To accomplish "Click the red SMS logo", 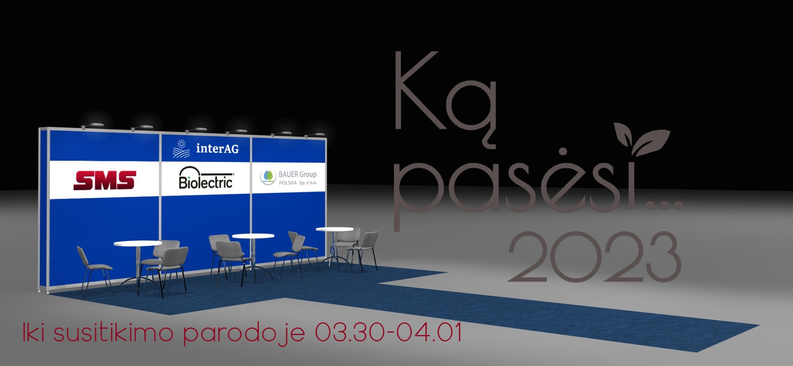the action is point(105,180).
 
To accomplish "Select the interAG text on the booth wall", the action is point(217,148).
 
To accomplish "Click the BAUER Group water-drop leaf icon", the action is point(268,177).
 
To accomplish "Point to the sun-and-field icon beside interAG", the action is point(181,149).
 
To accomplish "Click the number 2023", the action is point(594,257).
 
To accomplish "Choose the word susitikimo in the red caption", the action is point(114,333).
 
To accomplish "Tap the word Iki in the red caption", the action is point(33,332).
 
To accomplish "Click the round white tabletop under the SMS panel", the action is point(138,243).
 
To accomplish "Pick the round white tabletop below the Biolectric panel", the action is point(253,236).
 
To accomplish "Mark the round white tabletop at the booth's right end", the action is point(334,229).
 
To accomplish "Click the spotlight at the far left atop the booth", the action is point(93,125).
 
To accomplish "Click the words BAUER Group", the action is point(297,174).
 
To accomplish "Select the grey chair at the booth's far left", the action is point(95,271).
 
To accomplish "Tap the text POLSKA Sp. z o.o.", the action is point(298,183).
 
